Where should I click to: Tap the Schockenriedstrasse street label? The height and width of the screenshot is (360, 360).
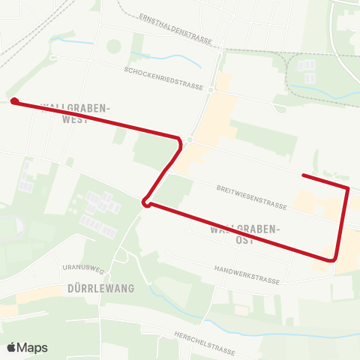(164, 77)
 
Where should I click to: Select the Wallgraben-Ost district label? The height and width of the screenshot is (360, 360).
(245, 234)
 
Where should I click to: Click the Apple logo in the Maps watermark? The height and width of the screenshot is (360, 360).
(12, 347)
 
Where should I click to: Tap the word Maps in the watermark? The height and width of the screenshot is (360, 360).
(33, 347)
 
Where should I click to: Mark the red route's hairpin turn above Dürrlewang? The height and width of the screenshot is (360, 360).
(146, 201)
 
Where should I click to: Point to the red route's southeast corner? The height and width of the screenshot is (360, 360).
(335, 258)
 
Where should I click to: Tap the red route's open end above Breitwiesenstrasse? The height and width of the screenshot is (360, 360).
(303, 175)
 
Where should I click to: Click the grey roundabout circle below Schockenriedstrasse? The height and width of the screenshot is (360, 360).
(190, 139)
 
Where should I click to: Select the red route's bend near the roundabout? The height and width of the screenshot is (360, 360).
(179, 142)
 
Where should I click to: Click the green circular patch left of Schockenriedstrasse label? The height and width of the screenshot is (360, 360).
(113, 46)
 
